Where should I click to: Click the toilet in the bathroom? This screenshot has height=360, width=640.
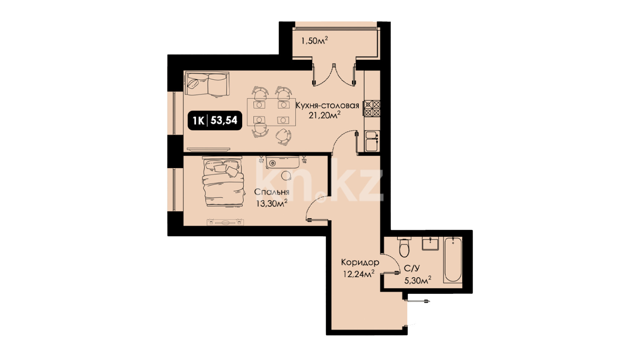click(404, 247)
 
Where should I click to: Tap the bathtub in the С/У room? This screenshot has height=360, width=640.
click(453, 260)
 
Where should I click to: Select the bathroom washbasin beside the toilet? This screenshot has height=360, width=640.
click(430, 244)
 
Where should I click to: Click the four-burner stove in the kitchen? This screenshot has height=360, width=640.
click(372, 108)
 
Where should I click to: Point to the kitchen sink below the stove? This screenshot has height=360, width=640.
click(372, 141)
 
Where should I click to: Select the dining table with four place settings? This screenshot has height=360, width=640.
click(271, 112)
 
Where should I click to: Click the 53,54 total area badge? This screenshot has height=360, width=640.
click(215, 121)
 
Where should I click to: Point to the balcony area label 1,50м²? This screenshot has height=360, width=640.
click(314, 41)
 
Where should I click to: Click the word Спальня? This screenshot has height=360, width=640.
click(272, 192)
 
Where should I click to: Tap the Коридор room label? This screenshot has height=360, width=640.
click(360, 262)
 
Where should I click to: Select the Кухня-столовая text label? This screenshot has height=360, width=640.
click(327, 105)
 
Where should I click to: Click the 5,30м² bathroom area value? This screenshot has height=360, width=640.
click(418, 280)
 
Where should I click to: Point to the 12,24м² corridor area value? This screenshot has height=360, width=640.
click(359, 274)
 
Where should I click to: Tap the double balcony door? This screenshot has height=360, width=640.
click(334, 75)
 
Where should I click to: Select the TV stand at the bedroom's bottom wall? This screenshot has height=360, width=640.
click(226, 222)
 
